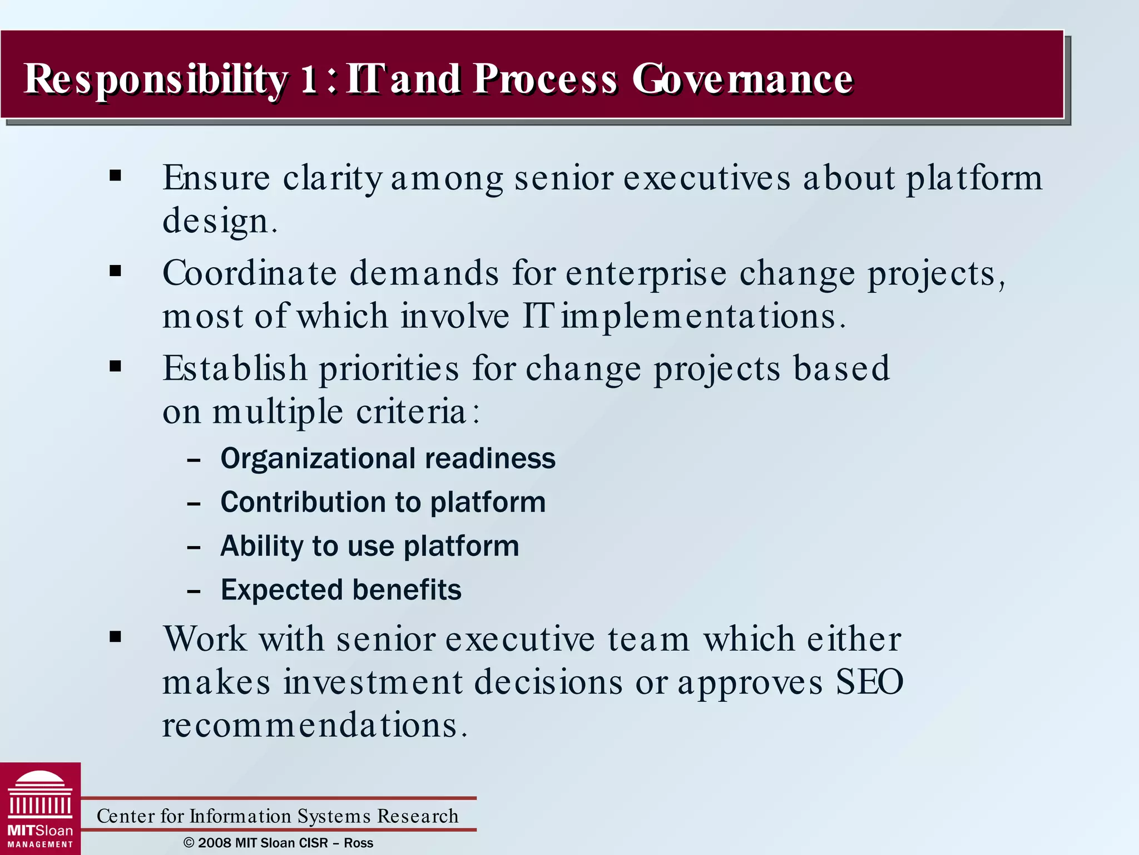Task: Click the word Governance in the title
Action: tap(742, 79)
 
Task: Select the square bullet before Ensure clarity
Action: tap(116, 176)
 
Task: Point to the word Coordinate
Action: tap(250, 273)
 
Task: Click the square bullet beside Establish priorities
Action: tap(116, 366)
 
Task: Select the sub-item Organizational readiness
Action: tap(388, 459)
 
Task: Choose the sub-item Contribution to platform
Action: tap(383, 502)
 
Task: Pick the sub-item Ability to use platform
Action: tap(370, 546)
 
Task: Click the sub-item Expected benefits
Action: tap(341, 590)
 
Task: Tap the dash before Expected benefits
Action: tap(194, 592)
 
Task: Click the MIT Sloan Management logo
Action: tap(40, 809)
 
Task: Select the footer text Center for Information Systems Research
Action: tap(278, 816)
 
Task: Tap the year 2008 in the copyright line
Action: tap(214, 843)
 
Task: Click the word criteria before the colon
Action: tap(410, 412)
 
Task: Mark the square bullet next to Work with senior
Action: tap(116, 637)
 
